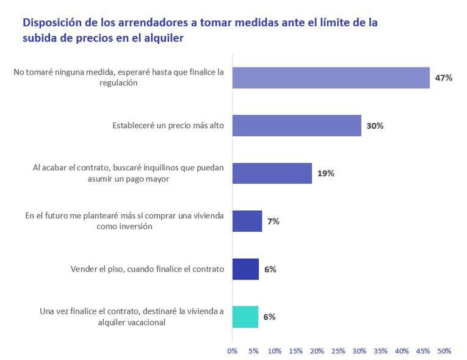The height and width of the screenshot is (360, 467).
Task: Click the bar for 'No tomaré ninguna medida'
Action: [331, 77]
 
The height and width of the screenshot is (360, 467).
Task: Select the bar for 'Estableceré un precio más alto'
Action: [297, 126]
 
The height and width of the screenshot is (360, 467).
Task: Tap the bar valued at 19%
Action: [272, 173]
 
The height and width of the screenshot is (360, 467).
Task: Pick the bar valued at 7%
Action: [247, 221]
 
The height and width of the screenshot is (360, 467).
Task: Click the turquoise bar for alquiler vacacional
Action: [245, 317]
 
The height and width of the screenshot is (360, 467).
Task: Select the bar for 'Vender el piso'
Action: [245, 269]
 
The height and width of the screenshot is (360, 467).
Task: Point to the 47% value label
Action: [443, 78]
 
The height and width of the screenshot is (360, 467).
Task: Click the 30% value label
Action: [375, 126]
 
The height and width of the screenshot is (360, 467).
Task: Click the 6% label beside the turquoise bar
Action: [269, 317]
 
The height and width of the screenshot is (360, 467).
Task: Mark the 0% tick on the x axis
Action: [232, 351]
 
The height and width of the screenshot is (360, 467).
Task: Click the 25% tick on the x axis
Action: [338, 351]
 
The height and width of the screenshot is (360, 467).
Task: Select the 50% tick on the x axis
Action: [444, 351]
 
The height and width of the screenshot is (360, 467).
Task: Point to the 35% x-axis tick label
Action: [381, 351]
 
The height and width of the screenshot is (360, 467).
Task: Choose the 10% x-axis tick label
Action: [275, 351]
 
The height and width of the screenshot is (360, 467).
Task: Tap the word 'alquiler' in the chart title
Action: [163, 38]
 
